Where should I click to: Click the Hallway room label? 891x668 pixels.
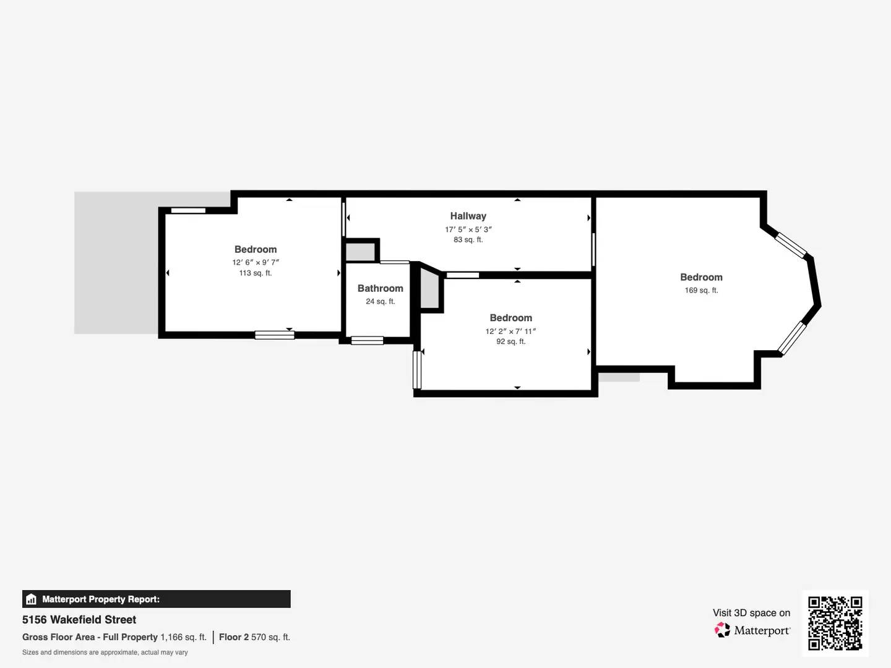point(468,216)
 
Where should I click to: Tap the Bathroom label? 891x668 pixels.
point(380,288)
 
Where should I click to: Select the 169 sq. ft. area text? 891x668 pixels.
point(701,290)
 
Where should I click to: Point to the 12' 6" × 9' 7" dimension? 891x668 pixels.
point(256,262)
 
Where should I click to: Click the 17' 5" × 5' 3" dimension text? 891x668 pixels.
point(468,229)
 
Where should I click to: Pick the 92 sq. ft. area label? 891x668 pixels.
point(510,341)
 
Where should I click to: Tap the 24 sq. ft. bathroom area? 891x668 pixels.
point(380,301)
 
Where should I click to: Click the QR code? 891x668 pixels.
point(835,623)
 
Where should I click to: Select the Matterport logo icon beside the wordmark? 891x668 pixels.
point(722,630)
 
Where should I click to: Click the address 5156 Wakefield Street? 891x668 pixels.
point(79,620)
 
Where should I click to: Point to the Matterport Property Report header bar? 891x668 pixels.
point(156,599)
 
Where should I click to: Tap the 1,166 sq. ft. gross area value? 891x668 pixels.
point(183,637)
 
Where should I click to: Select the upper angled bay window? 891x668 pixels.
point(791,245)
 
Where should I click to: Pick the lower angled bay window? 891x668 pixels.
point(792,338)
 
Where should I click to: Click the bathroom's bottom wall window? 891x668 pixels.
point(367,340)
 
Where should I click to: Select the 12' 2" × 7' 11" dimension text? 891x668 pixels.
point(510,331)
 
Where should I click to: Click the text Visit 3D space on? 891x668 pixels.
point(751,613)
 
